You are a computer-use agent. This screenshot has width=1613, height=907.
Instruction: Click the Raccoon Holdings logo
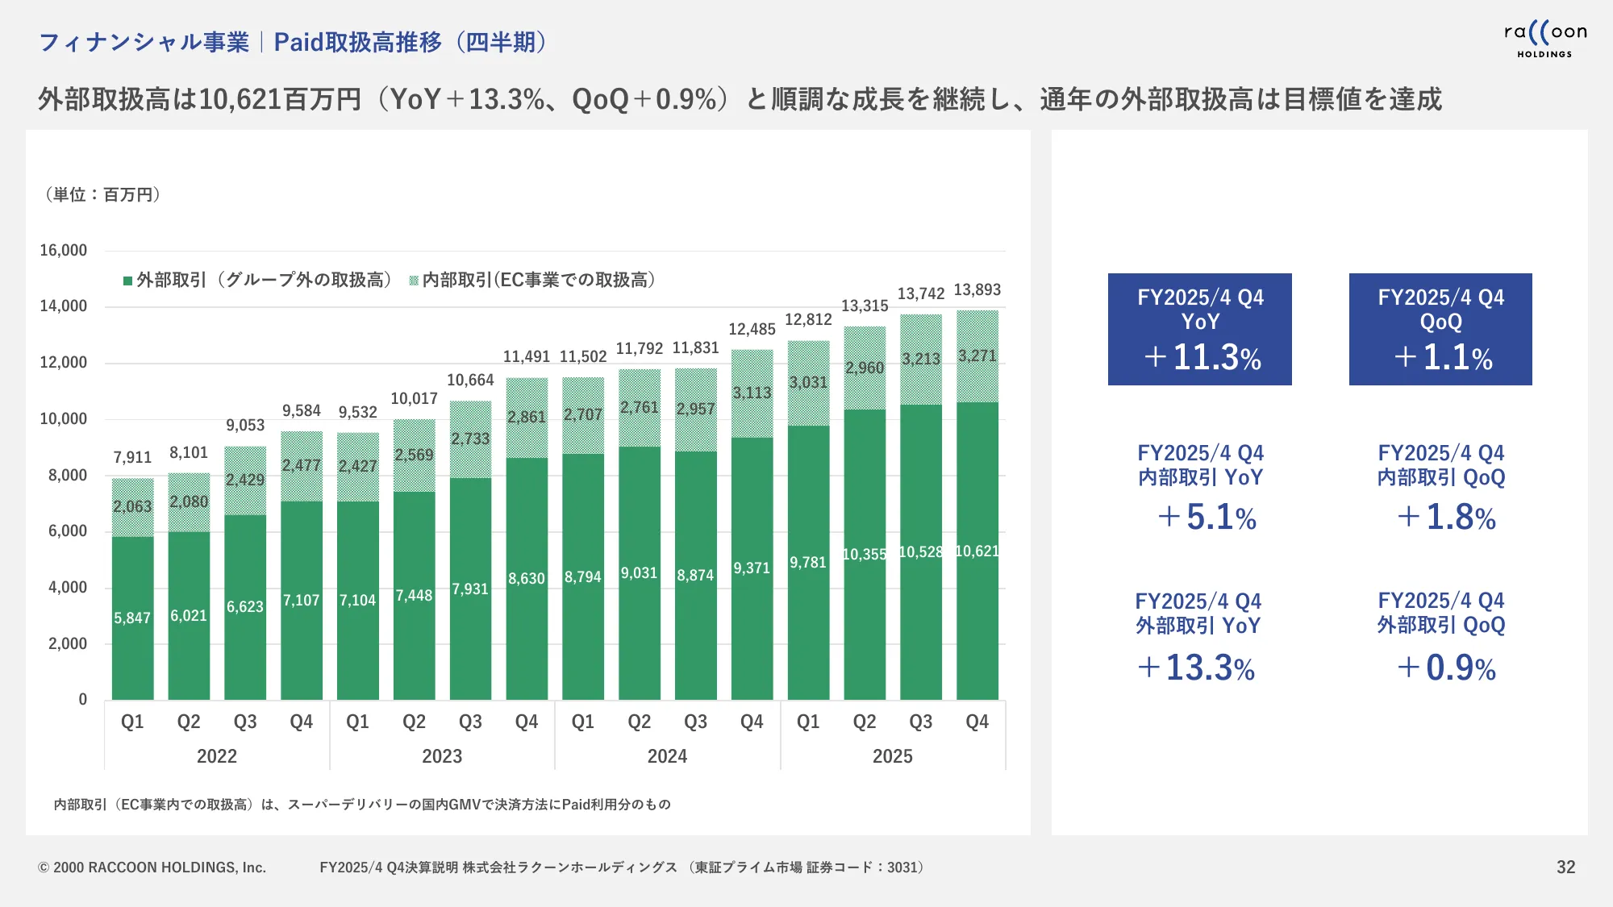1544,39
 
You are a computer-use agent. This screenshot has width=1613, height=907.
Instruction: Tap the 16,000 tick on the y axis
64,251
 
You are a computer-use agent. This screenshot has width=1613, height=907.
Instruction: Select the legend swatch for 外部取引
127,281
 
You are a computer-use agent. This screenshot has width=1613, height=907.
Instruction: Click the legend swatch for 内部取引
414,281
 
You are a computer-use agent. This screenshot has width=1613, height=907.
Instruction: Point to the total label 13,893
977,290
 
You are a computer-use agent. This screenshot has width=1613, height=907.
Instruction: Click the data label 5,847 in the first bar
132,618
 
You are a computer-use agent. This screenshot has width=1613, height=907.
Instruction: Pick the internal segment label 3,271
977,356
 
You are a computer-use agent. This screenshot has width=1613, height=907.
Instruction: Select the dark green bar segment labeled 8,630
527,579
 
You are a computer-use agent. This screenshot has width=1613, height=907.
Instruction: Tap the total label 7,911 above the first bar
132,458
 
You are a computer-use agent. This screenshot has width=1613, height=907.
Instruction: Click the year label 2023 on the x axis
442,756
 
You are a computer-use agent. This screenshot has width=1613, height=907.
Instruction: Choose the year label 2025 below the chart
892,756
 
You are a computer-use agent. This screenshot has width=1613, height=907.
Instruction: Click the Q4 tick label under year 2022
301,722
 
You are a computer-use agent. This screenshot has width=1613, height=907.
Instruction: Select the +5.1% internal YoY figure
1207,518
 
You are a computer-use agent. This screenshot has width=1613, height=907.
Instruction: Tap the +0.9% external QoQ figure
1446,668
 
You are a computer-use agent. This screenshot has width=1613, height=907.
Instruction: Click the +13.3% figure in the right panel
1196,668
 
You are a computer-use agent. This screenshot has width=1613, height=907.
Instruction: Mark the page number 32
1565,867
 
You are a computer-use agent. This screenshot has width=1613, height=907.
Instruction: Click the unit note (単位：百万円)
102,195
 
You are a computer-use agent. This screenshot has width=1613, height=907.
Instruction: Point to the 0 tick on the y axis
82,700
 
